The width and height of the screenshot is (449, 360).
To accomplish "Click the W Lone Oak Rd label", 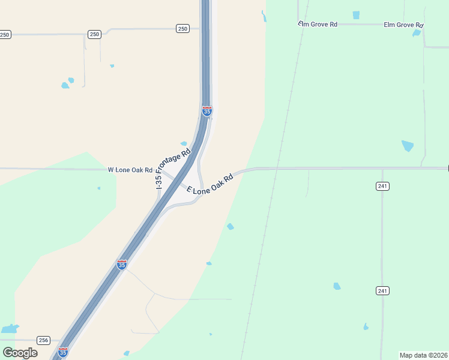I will [130, 170].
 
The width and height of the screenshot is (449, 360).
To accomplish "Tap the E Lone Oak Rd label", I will [209, 184].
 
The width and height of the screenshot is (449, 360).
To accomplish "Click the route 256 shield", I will [43, 340].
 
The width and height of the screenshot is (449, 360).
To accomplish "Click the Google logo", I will [20, 352].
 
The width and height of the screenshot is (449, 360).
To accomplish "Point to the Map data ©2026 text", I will [423, 355].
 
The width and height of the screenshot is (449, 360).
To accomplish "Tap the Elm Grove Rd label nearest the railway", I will [318, 24].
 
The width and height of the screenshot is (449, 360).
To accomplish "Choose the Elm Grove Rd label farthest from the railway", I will [403, 25].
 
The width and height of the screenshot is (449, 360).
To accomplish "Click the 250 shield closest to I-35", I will [182, 28].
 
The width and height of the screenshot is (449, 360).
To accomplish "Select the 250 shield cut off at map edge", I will [5, 34].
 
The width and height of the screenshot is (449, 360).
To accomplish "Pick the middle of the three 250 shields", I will [94, 34].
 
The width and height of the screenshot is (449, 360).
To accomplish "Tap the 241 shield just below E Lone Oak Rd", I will [382, 186].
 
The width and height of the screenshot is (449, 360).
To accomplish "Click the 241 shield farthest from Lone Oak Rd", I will [382, 290].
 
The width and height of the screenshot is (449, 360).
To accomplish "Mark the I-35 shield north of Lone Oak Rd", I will [206, 111].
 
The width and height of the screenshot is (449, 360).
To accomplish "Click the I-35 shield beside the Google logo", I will [62, 352].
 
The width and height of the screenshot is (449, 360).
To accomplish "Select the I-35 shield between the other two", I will [122, 265].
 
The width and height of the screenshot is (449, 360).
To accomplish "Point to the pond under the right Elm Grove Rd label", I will [417, 33].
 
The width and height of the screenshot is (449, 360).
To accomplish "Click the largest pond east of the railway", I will [408, 145].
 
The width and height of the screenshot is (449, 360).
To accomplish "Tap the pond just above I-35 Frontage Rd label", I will [184, 143].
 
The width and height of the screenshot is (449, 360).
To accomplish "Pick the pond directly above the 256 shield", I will [10, 329].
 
